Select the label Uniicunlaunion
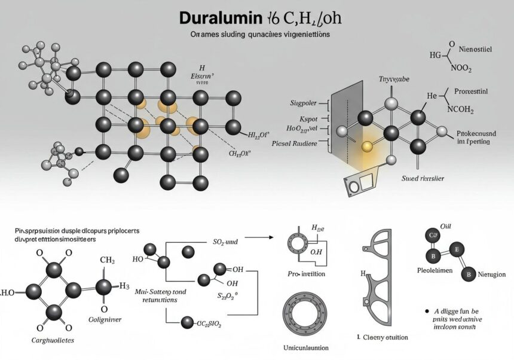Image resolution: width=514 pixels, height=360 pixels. (306, 347)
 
